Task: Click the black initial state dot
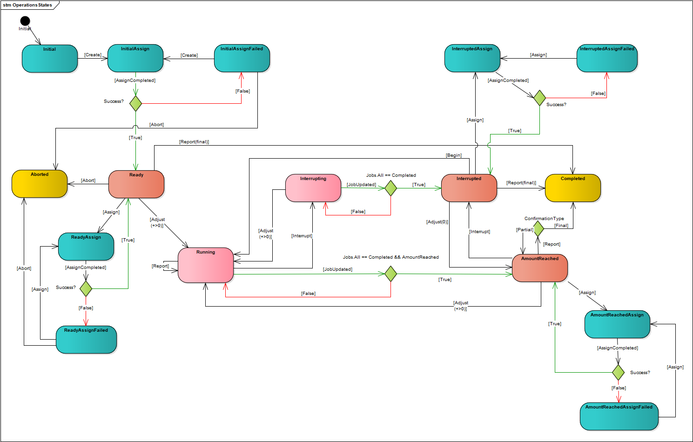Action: (25, 21)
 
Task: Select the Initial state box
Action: (50, 59)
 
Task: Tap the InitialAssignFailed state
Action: (242, 58)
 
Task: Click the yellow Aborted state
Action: (40, 184)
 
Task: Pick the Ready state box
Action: (136, 184)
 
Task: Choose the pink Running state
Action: (206, 265)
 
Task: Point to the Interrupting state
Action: (313, 188)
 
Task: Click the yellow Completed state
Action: (573, 188)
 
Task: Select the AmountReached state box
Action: (540, 268)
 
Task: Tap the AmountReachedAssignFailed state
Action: (619, 416)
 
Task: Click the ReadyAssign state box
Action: (86, 247)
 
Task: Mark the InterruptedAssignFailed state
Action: (607, 58)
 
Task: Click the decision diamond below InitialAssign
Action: (135, 103)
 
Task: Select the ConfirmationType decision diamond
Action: (538, 228)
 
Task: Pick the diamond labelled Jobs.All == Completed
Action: (390, 188)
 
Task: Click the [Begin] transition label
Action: (454, 155)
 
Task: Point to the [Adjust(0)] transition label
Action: (437, 222)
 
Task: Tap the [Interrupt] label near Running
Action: (302, 236)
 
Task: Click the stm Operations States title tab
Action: (28, 5)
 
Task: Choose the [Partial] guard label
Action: (525, 230)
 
